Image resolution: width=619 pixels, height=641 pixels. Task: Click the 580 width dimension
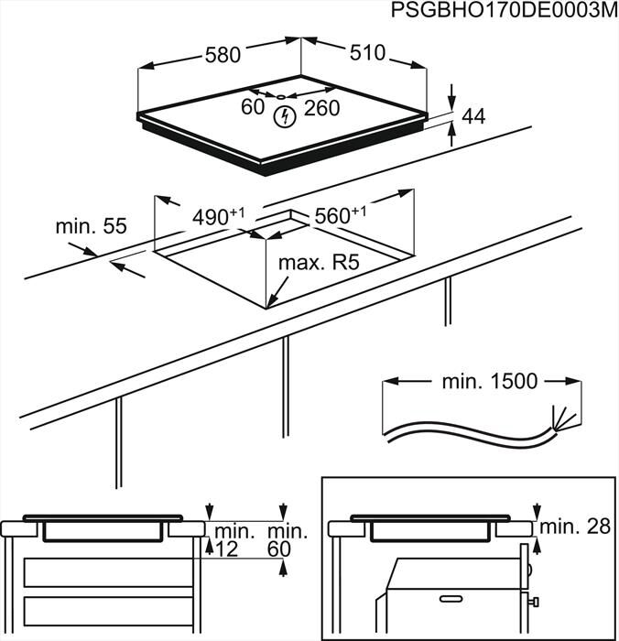click(x=223, y=55)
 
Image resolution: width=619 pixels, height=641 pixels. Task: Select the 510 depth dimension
click(x=366, y=53)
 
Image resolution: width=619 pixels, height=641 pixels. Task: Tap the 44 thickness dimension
click(x=473, y=117)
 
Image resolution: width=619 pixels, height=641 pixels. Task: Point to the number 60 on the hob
click(x=252, y=108)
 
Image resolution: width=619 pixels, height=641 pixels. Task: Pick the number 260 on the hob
click(x=321, y=108)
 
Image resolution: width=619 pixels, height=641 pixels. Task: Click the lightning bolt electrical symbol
click(x=285, y=116)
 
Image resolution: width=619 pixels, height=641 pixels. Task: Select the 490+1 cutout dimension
click(x=218, y=217)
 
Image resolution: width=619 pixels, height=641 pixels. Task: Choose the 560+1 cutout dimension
click(x=340, y=216)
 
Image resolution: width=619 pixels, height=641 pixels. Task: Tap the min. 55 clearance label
click(x=90, y=225)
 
